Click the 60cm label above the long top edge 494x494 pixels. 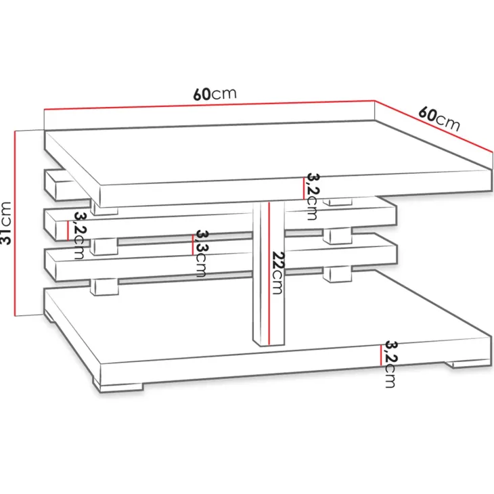tap(215, 93)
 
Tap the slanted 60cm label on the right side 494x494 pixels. tap(439, 119)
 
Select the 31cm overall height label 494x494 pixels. tap(6, 223)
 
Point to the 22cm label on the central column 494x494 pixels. tap(277, 273)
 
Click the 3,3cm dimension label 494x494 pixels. tap(201, 253)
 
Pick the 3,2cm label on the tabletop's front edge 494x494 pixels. tap(313, 196)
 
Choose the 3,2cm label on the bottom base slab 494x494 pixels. tap(390, 364)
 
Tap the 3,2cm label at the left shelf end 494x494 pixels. tap(79, 235)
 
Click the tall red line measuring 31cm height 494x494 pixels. tap(15, 223)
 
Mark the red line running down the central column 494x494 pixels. tap(269, 273)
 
